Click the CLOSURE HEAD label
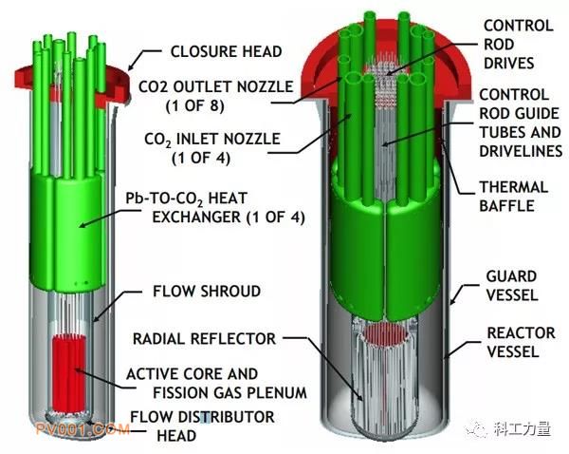click(x=226, y=51)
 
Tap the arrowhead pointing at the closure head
click(x=132, y=66)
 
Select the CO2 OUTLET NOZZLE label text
click(x=216, y=86)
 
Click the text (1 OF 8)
click(x=195, y=105)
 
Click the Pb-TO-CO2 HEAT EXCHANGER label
click(x=215, y=208)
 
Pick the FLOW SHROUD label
click(x=207, y=292)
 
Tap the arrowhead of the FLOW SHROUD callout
click(x=96, y=318)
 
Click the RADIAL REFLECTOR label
click(x=204, y=339)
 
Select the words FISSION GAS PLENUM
click(x=229, y=393)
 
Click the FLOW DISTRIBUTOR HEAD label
click(x=202, y=426)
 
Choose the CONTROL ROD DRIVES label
click(x=519, y=45)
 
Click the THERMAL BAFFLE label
click(x=513, y=197)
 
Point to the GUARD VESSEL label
click(x=512, y=286)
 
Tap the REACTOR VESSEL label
click(x=521, y=343)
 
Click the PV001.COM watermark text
click(x=83, y=429)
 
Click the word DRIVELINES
click(x=521, y=151)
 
